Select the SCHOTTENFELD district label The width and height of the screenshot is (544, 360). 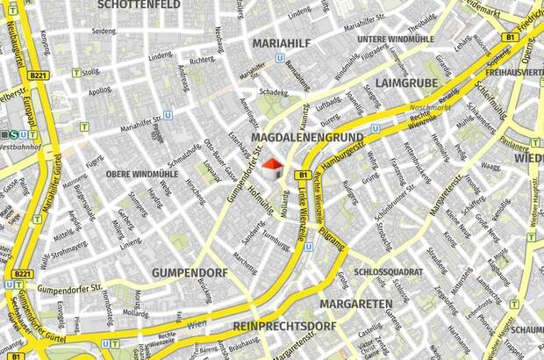(x=139, y=4)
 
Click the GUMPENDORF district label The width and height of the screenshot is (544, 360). (x=190, y=273)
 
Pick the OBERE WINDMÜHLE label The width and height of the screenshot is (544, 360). (x=142, y=174)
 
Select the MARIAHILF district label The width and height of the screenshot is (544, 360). (x=284, y=41)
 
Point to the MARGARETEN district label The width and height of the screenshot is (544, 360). (x=355, y=304)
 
